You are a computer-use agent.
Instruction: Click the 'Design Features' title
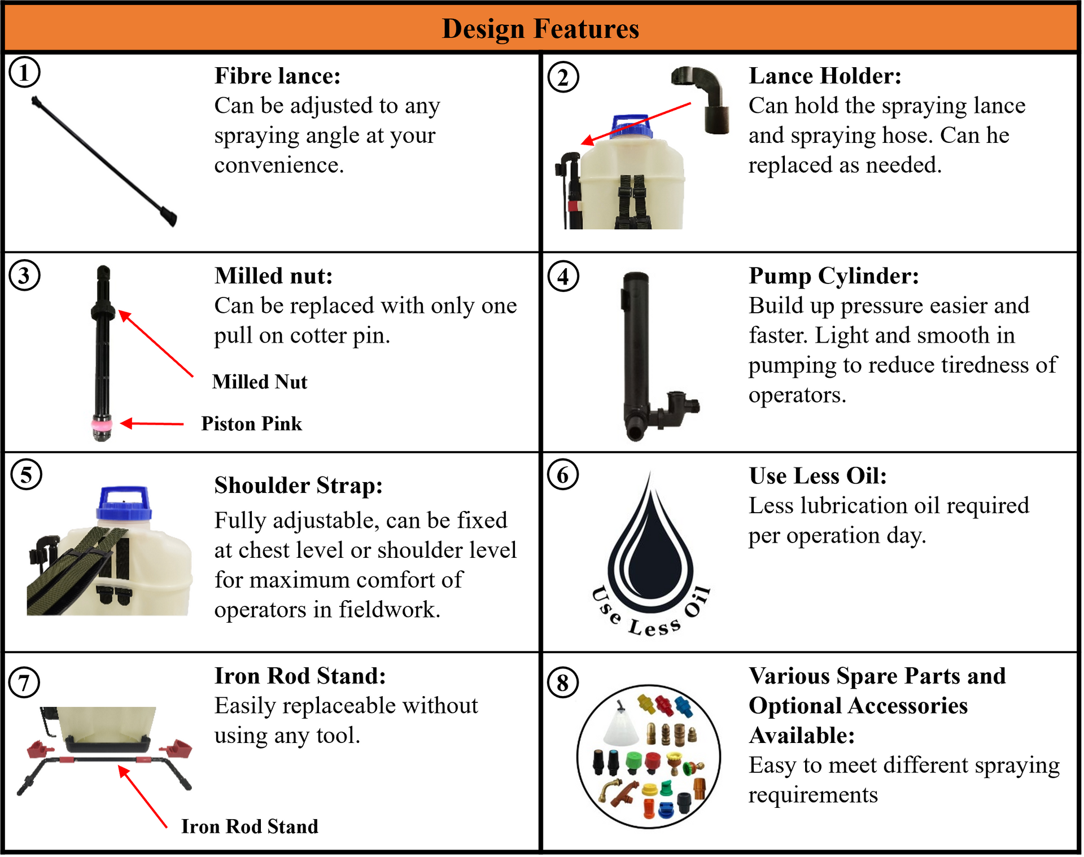tap(540, 28)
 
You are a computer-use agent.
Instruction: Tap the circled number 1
tap(24, 72)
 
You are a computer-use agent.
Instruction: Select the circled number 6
tap(562, 475)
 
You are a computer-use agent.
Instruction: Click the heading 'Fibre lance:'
tap(277, 76)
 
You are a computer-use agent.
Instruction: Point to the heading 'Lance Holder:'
tap(824, 76)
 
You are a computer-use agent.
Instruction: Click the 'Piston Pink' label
tap(251, 423)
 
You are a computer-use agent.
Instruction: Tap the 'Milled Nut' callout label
tap(260, 382)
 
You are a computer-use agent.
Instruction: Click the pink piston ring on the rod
tap(102, 423)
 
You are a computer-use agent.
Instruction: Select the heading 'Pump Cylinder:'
tap(833, 276)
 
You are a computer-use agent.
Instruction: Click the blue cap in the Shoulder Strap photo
tap(124, 504)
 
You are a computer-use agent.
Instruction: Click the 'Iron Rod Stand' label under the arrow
tap(250, 826)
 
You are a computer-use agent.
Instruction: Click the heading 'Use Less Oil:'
tap(818, 475)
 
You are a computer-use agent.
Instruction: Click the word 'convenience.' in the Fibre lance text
tap(279, 165)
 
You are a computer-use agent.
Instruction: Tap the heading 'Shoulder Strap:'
tap(298, 485)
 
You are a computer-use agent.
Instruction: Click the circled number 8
tap(562, 683)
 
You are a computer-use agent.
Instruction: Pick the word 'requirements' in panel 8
tap(813, 794)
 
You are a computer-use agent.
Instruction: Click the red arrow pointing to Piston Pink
tap(152, 423)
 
